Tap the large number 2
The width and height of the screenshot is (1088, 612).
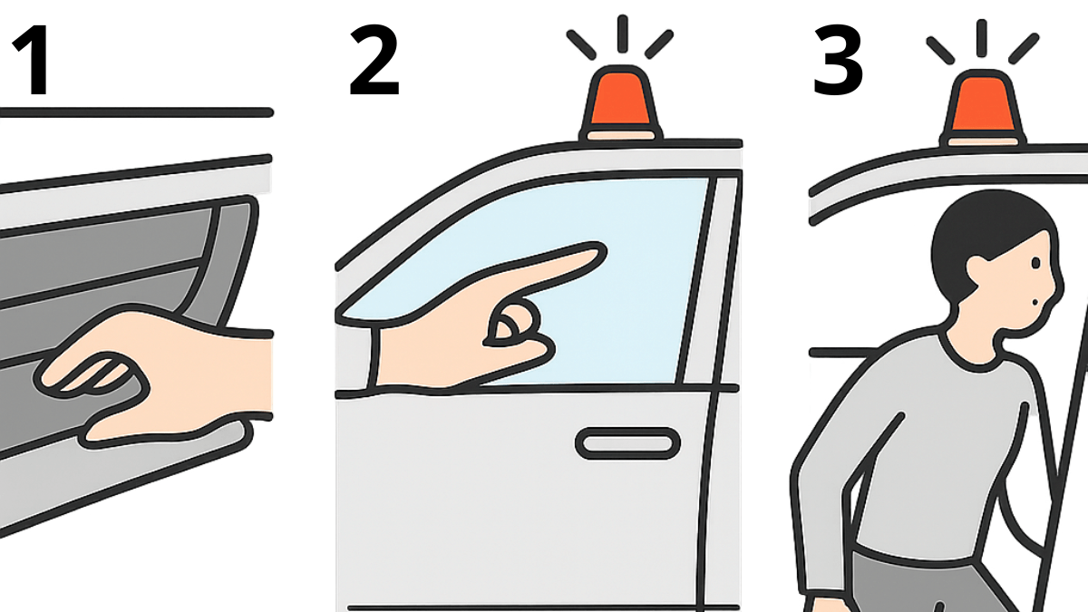coord(374,61)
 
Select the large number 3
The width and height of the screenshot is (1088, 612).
coord(838,61)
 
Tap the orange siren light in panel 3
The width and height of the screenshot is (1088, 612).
coord(982,108)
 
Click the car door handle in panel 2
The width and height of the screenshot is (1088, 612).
coord(627,443)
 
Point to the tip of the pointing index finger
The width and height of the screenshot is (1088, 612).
coord(602,253)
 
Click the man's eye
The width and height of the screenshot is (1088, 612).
coord(1035,263)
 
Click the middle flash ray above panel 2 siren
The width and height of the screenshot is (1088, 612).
coord(623,33)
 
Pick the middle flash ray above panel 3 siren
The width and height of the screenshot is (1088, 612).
coord(981,38)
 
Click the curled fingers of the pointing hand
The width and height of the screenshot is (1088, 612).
coord(515,330)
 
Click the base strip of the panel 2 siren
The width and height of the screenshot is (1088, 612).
coord(621,135)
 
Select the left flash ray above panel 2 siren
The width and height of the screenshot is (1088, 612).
coord(581,45)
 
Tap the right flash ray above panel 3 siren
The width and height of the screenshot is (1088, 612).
coord(1024,49)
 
